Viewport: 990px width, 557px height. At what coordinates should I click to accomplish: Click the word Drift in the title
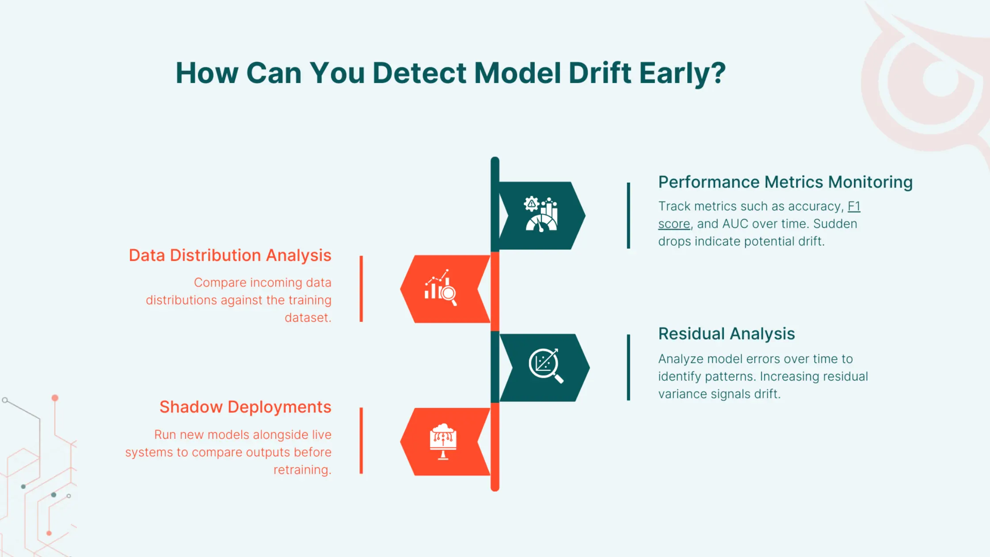[x=599, y=73]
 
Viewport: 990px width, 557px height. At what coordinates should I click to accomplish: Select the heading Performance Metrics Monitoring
[x=785, y=182]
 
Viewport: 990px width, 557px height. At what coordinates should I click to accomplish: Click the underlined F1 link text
[x=853, y=206]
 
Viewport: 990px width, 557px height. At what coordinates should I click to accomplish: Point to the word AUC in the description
[x=735, y=224]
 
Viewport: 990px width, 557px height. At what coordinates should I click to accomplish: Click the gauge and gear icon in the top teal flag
[x=541, y=215]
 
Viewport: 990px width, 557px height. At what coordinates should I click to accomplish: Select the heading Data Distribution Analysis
[x=230, y=256]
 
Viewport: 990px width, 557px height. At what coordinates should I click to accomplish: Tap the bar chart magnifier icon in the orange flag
[x=440, y=288]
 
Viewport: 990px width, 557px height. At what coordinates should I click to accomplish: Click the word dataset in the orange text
[x=307, y=318]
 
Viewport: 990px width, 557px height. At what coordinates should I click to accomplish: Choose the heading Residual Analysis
[x=726, y=334]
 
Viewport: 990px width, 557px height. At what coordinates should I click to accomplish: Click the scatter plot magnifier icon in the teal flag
[x=545, y=366]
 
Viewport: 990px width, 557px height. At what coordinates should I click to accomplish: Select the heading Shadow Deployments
[x=245, y=407]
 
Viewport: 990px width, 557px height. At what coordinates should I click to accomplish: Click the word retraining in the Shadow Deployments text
[x=301, y=470]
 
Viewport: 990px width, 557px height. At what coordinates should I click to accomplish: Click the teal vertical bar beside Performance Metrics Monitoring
[x=628, y=215]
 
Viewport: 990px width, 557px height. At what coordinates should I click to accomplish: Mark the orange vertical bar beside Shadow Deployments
[x=361, y=441]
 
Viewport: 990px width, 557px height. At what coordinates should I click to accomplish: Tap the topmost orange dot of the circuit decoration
[x=55, y=398]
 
